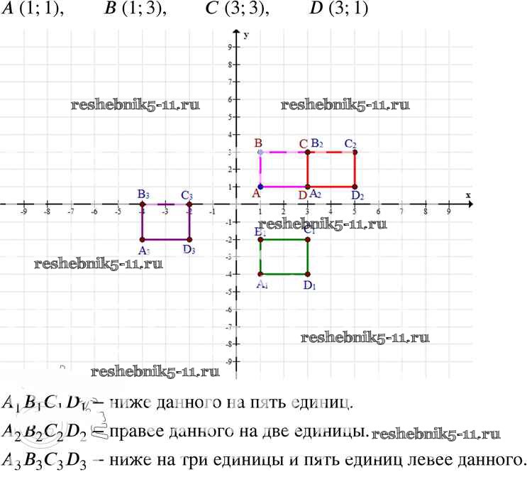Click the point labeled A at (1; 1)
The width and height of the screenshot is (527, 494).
click(260, 187)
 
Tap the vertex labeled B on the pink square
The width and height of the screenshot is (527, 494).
click(260, 152)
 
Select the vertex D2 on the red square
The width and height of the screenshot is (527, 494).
click(355, 187)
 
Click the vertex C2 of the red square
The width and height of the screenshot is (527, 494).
click(355, 152)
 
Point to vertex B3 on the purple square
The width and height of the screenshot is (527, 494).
click(142, 204)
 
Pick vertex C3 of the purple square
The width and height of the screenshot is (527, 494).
click(189, 204)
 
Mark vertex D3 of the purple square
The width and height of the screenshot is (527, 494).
click(189, 239)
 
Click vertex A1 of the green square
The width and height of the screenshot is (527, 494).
click(260, 274)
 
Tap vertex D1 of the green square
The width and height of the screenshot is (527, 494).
click(308, 274)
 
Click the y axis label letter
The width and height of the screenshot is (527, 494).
click(245, 34)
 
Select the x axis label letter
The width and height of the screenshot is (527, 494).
click(468, 194)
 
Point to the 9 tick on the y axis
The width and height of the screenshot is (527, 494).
click(230, 47)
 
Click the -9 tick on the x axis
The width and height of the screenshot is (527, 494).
click(23, 210)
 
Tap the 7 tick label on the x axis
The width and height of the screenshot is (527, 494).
click(401, 210)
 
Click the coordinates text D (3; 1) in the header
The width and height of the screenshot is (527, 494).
click(339, 10)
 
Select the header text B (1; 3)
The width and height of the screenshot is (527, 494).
click(135, 10)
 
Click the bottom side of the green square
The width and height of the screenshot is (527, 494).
click(284, 274)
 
